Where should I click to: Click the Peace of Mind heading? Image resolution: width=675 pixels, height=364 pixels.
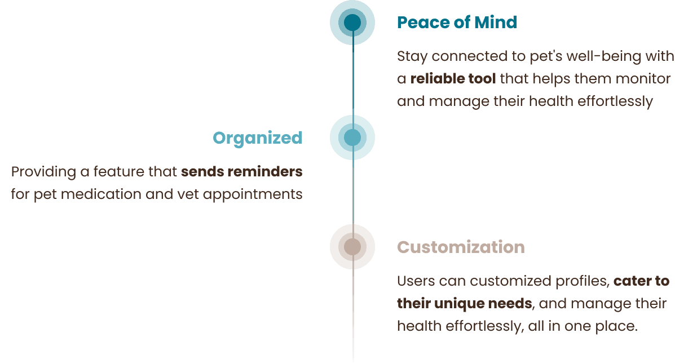[457, 23]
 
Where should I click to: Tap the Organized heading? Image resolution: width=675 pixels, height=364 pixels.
[258, 138]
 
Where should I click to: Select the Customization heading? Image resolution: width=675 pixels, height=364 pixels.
[461, 247]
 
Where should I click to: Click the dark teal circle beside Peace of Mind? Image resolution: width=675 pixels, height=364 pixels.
[352, 23]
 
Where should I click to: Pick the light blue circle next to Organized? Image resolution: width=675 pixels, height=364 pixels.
[352, 137]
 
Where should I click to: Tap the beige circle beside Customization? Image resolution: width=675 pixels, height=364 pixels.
[352, 247]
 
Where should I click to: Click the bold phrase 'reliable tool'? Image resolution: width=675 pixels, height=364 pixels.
[453, 79]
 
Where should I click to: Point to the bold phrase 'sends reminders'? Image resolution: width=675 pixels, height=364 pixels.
[242, 171]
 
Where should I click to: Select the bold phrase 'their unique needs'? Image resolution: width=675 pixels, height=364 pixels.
[464, 304]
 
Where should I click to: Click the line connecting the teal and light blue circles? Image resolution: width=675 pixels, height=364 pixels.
[353, 79]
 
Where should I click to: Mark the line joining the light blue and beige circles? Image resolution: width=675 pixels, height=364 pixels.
[353, 192]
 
